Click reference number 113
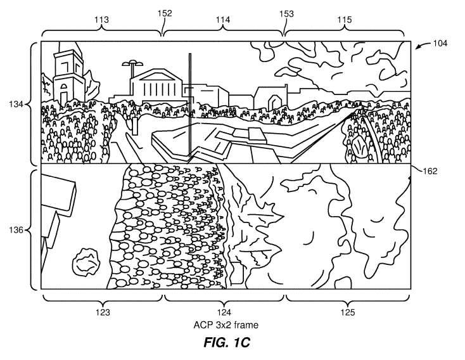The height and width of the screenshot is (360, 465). tap(102, 20)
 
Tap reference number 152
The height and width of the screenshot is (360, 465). tap(165, 13)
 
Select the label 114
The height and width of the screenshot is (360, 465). tap(223, 20)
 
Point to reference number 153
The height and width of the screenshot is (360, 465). tap(286, 14)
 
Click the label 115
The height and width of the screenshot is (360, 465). tap(344, 20)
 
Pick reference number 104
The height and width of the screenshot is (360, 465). tap(440, 43)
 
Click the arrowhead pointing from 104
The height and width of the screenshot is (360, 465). tap(417, 48)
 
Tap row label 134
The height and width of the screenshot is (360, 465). tap(16, 104)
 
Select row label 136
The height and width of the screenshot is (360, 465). tap(16, 230)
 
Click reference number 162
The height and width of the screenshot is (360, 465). tap(430, 171)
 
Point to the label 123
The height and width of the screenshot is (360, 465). tap(103, 312)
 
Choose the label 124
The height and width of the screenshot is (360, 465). tap(224, 312)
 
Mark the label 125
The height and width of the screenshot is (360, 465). tap(348, 312)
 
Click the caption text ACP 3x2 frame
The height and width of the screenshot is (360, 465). tap(226, 325)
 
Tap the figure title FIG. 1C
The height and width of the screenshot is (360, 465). tap(227, 342)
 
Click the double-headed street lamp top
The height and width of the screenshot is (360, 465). tap(132, 63)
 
